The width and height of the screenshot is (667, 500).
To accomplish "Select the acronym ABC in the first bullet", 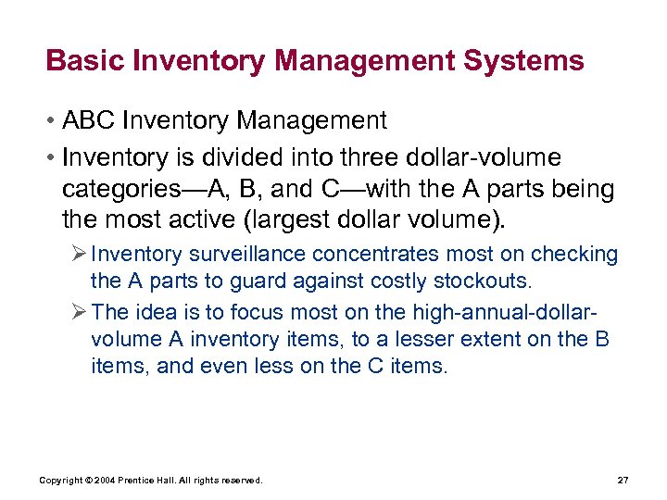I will click(94, 120).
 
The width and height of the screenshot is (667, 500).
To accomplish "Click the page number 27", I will click(622, 480).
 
